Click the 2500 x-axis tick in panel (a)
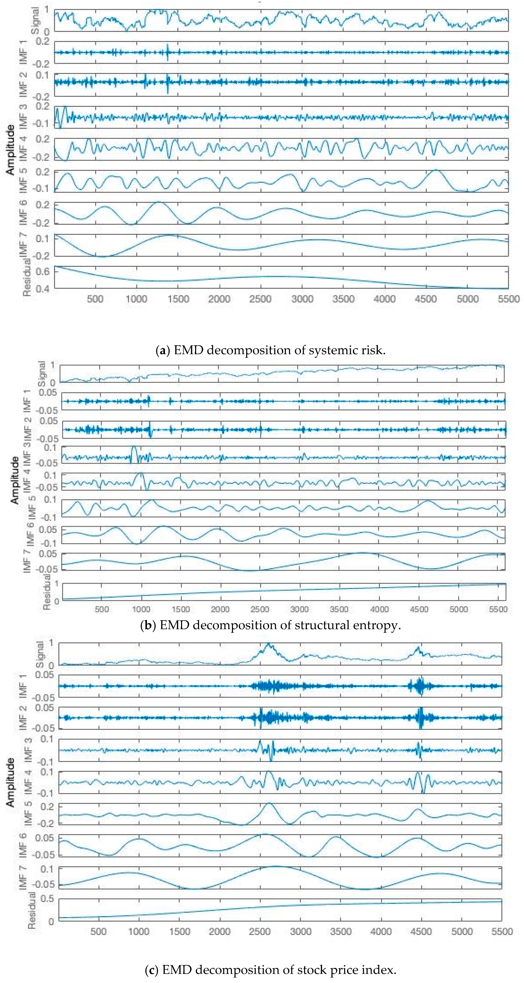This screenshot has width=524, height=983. pos(261,299)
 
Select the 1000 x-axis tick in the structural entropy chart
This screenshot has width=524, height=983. pos(141,609)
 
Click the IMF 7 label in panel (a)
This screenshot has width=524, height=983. pos(24,245)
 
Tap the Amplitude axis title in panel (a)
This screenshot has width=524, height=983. pos(11,150)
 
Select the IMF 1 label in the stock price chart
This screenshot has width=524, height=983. pos(24,686)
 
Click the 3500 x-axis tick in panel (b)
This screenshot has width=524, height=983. pos(339,609)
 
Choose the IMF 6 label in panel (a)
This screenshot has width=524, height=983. pos(24,212)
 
